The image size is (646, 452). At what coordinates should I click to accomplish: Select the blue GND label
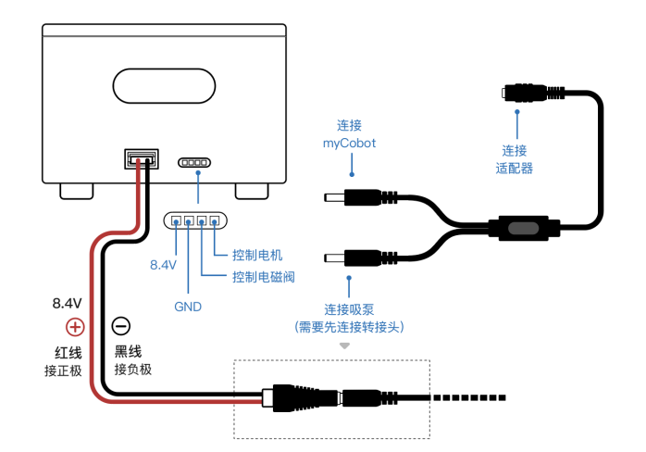(x=187, y=306)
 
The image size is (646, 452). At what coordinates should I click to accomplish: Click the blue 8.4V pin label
(x=163, y=265)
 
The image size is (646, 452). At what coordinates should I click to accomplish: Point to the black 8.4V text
(x=68, y=303)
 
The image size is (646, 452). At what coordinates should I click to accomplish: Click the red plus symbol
(x=75, y=327)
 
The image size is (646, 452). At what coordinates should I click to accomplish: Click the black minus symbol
(x=121, y=326)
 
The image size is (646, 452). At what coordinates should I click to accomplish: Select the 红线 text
(x=68, y=353)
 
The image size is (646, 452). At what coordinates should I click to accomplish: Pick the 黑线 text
(x=128, y=352)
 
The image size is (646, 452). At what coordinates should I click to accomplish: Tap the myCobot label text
(x=349, y=143)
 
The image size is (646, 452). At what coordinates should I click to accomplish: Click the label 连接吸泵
(x=349, y=309)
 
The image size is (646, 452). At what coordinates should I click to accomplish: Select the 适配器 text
(x=515, y=168)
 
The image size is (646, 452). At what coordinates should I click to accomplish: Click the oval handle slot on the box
(x=164, y=86)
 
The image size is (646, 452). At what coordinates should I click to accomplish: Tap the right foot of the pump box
(x=250, y=191)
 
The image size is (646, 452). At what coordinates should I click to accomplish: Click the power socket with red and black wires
(x=142, y=158)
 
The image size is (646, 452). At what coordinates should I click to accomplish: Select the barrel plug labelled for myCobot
(x=352, y=197)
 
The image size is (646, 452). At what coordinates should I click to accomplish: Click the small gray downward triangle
(x=344, y=345)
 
